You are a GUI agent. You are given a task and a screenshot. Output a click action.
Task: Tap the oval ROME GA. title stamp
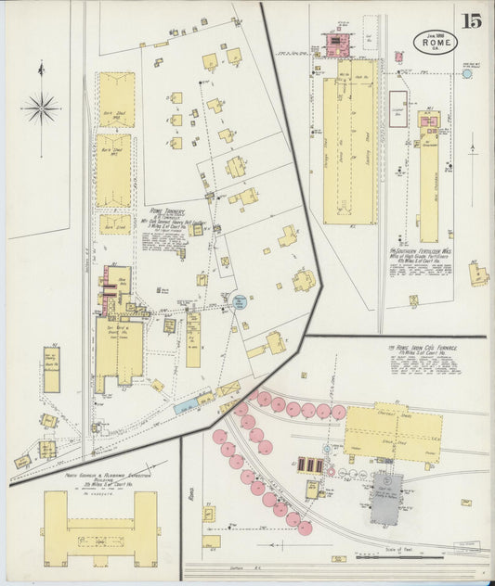point(429,43)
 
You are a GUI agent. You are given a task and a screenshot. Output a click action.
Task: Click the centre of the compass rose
point(41,108)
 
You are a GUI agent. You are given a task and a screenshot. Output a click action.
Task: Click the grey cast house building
point(384,490)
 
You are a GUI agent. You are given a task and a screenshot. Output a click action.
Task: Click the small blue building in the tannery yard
point(186,406)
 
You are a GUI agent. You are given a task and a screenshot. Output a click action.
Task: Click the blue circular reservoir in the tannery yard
point(239,300)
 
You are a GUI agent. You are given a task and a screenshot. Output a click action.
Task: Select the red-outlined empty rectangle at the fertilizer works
point(397,108)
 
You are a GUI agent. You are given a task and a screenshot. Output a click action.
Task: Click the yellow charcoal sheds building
point(392,431)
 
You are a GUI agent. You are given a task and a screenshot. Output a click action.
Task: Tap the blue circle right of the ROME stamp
point(466,73)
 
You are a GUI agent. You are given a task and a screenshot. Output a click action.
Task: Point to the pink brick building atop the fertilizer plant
point(333,41)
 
